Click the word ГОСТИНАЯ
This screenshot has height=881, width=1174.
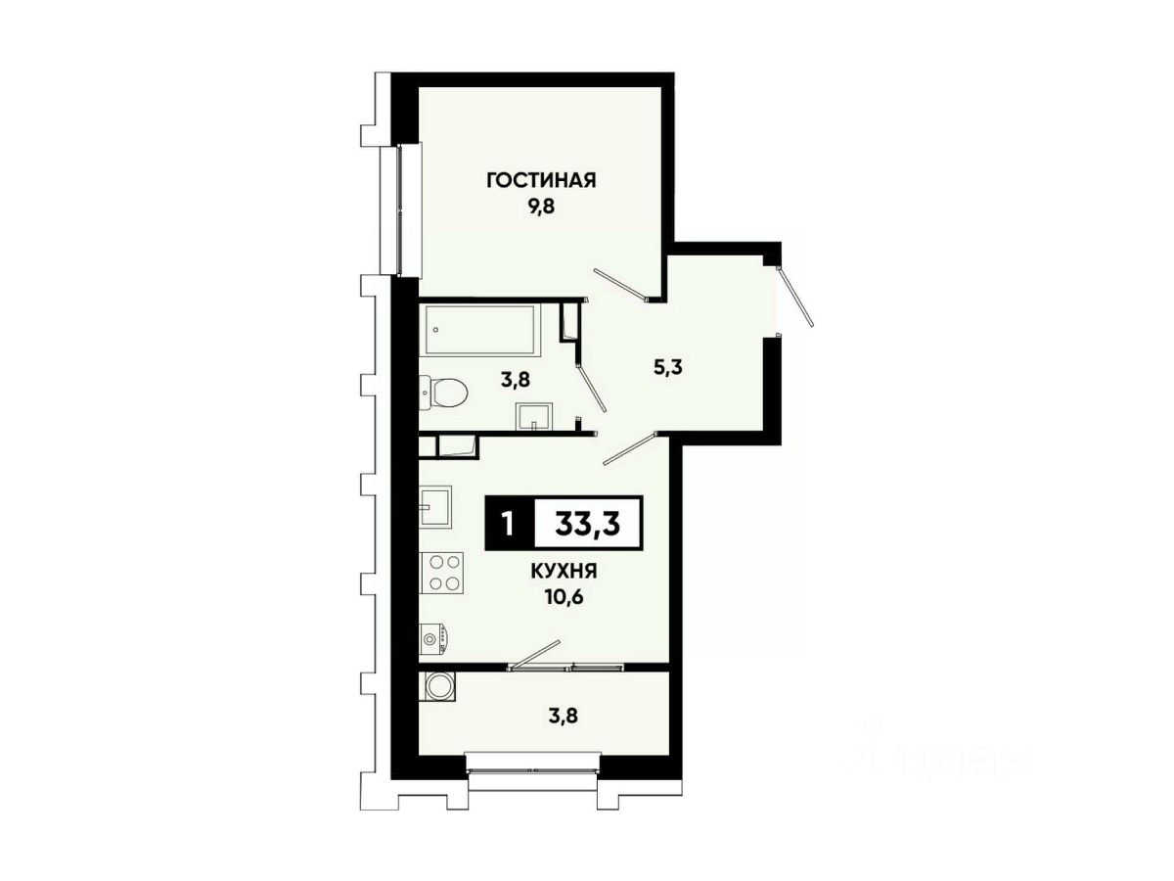[541, 181]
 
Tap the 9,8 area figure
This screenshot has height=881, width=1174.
[541, 207]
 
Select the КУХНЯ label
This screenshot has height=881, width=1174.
[564, 572]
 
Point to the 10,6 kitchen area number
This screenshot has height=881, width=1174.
[564, 596]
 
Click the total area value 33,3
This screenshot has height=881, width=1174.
[588, 524]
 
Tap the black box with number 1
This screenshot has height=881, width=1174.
[509, 523]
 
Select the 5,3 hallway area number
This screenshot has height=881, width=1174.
[668, 368]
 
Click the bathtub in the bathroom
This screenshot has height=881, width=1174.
[479, 331]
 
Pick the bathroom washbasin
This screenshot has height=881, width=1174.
[534, 417]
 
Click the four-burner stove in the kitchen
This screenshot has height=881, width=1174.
[442, 572]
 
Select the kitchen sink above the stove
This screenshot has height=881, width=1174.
[435, 506]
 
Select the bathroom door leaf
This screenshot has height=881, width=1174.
[593, 388]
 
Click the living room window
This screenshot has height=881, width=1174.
[401, 209]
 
